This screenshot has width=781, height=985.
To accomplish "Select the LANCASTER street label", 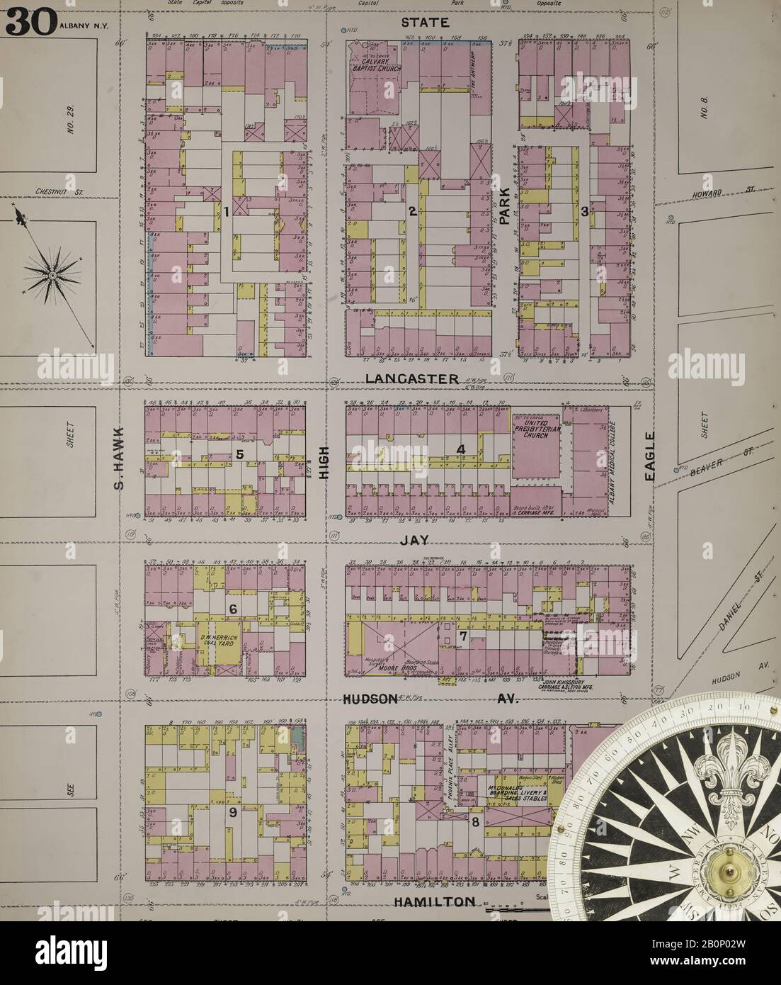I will pyautogui.click(x=412, y=379).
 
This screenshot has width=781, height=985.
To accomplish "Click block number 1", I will pyautogui.click(x=224, y=211).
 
